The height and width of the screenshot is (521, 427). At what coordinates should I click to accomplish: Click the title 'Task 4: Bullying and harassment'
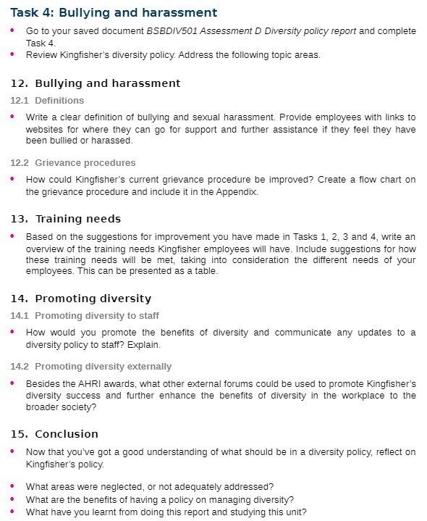coord(114,13)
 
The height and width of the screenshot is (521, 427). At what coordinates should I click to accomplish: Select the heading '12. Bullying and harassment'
coord(96,83)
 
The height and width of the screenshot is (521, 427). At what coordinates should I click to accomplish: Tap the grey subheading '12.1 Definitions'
coord(47,101)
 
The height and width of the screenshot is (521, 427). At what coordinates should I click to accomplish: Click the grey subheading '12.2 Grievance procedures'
coord(73,163)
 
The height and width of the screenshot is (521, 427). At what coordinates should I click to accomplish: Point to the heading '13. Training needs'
coord(66,219)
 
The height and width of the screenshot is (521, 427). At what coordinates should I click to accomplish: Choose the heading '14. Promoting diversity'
coord(81,299)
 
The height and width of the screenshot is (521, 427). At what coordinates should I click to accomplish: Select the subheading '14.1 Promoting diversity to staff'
coord(85,316)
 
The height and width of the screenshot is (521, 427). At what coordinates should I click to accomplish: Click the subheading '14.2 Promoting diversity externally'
coord(91,367)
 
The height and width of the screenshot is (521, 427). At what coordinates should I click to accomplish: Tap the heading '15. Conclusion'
coord(55,434)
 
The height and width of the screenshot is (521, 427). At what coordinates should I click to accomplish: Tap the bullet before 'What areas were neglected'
coord(12,485)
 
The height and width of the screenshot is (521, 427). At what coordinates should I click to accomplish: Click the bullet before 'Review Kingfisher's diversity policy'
coord(12,54)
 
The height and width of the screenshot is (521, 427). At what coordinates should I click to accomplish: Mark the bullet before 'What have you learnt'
coord(12,512)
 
